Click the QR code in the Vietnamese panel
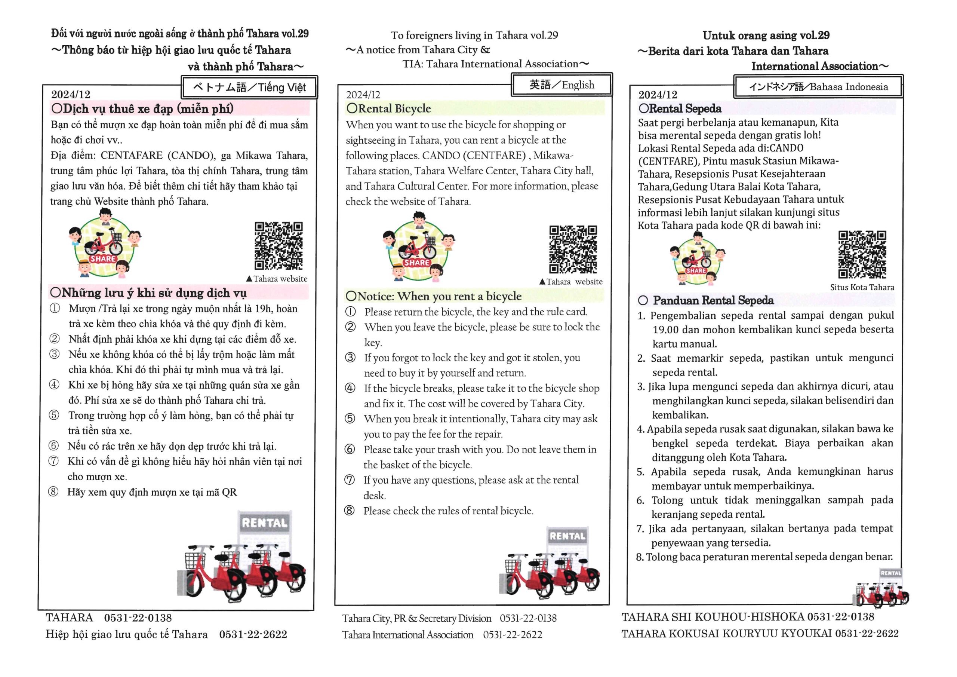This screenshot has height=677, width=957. pyautogui.click(x=279, y=246)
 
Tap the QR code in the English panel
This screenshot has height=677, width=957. pyautogui.click(x=573, y=249)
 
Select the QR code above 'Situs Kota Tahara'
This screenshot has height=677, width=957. pyautogui.click(x=862, y=254)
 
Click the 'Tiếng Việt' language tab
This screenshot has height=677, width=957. pyautogui.click(x=250, y=87)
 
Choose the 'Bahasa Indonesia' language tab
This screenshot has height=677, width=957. pyautogui.click(x=818, y=87)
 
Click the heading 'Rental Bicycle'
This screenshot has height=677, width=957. pyautogui.click(x=389, y=108)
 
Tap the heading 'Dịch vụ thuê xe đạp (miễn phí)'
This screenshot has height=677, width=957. pyautogui.click(x=142, y=109)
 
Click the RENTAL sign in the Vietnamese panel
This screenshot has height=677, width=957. pyautogui.click(x=265, y=523)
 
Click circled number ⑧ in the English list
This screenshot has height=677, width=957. pyautogui.click(x=350, y=510)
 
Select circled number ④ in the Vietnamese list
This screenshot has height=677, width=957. pyautogui.click(x=55, y=385)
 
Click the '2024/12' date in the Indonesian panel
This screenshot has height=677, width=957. pyautogui.click(x=658, y=95)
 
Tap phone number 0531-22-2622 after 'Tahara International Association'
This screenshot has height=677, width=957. pyautogui.click(x=512, y=634)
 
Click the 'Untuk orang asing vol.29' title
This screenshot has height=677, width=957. pyautogui.click(x=766, y=36)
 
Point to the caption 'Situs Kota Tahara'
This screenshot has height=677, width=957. pyautogui.click(x=862, y=287)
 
